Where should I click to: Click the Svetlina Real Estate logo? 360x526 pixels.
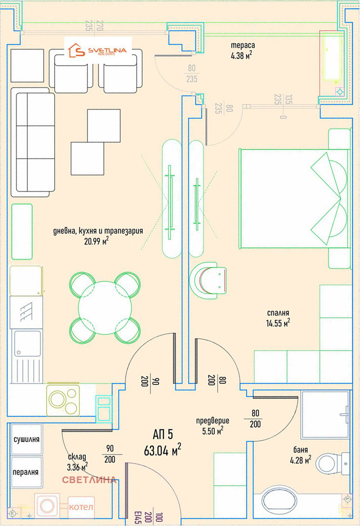click(x=98, y=51)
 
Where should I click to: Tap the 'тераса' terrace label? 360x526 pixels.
click(x=243, y=45)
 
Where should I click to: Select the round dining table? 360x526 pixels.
click(x=105, y=308)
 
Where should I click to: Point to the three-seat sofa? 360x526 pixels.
click(x=33, y=142)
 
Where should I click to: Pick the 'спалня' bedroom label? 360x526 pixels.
click(x=278, y=313)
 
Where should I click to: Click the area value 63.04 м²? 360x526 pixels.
click(x=162, y=450)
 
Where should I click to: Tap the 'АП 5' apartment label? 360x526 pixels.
click(x=162, y=435)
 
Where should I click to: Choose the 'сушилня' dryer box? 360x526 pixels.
click(x=27, y=439)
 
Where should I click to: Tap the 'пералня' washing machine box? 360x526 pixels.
click(x=27, y=472)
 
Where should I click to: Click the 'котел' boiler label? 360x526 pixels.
click(x=81, y=506)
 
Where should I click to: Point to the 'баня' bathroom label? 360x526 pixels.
click(x=300, y=449)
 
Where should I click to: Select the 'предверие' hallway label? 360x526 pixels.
click(x=212, y=420)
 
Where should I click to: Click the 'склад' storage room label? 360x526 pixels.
click(x=77, y=457)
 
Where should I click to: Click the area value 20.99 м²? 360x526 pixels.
click(x=97, y=241)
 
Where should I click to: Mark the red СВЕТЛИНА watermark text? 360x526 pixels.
click(x=89, y=480)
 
